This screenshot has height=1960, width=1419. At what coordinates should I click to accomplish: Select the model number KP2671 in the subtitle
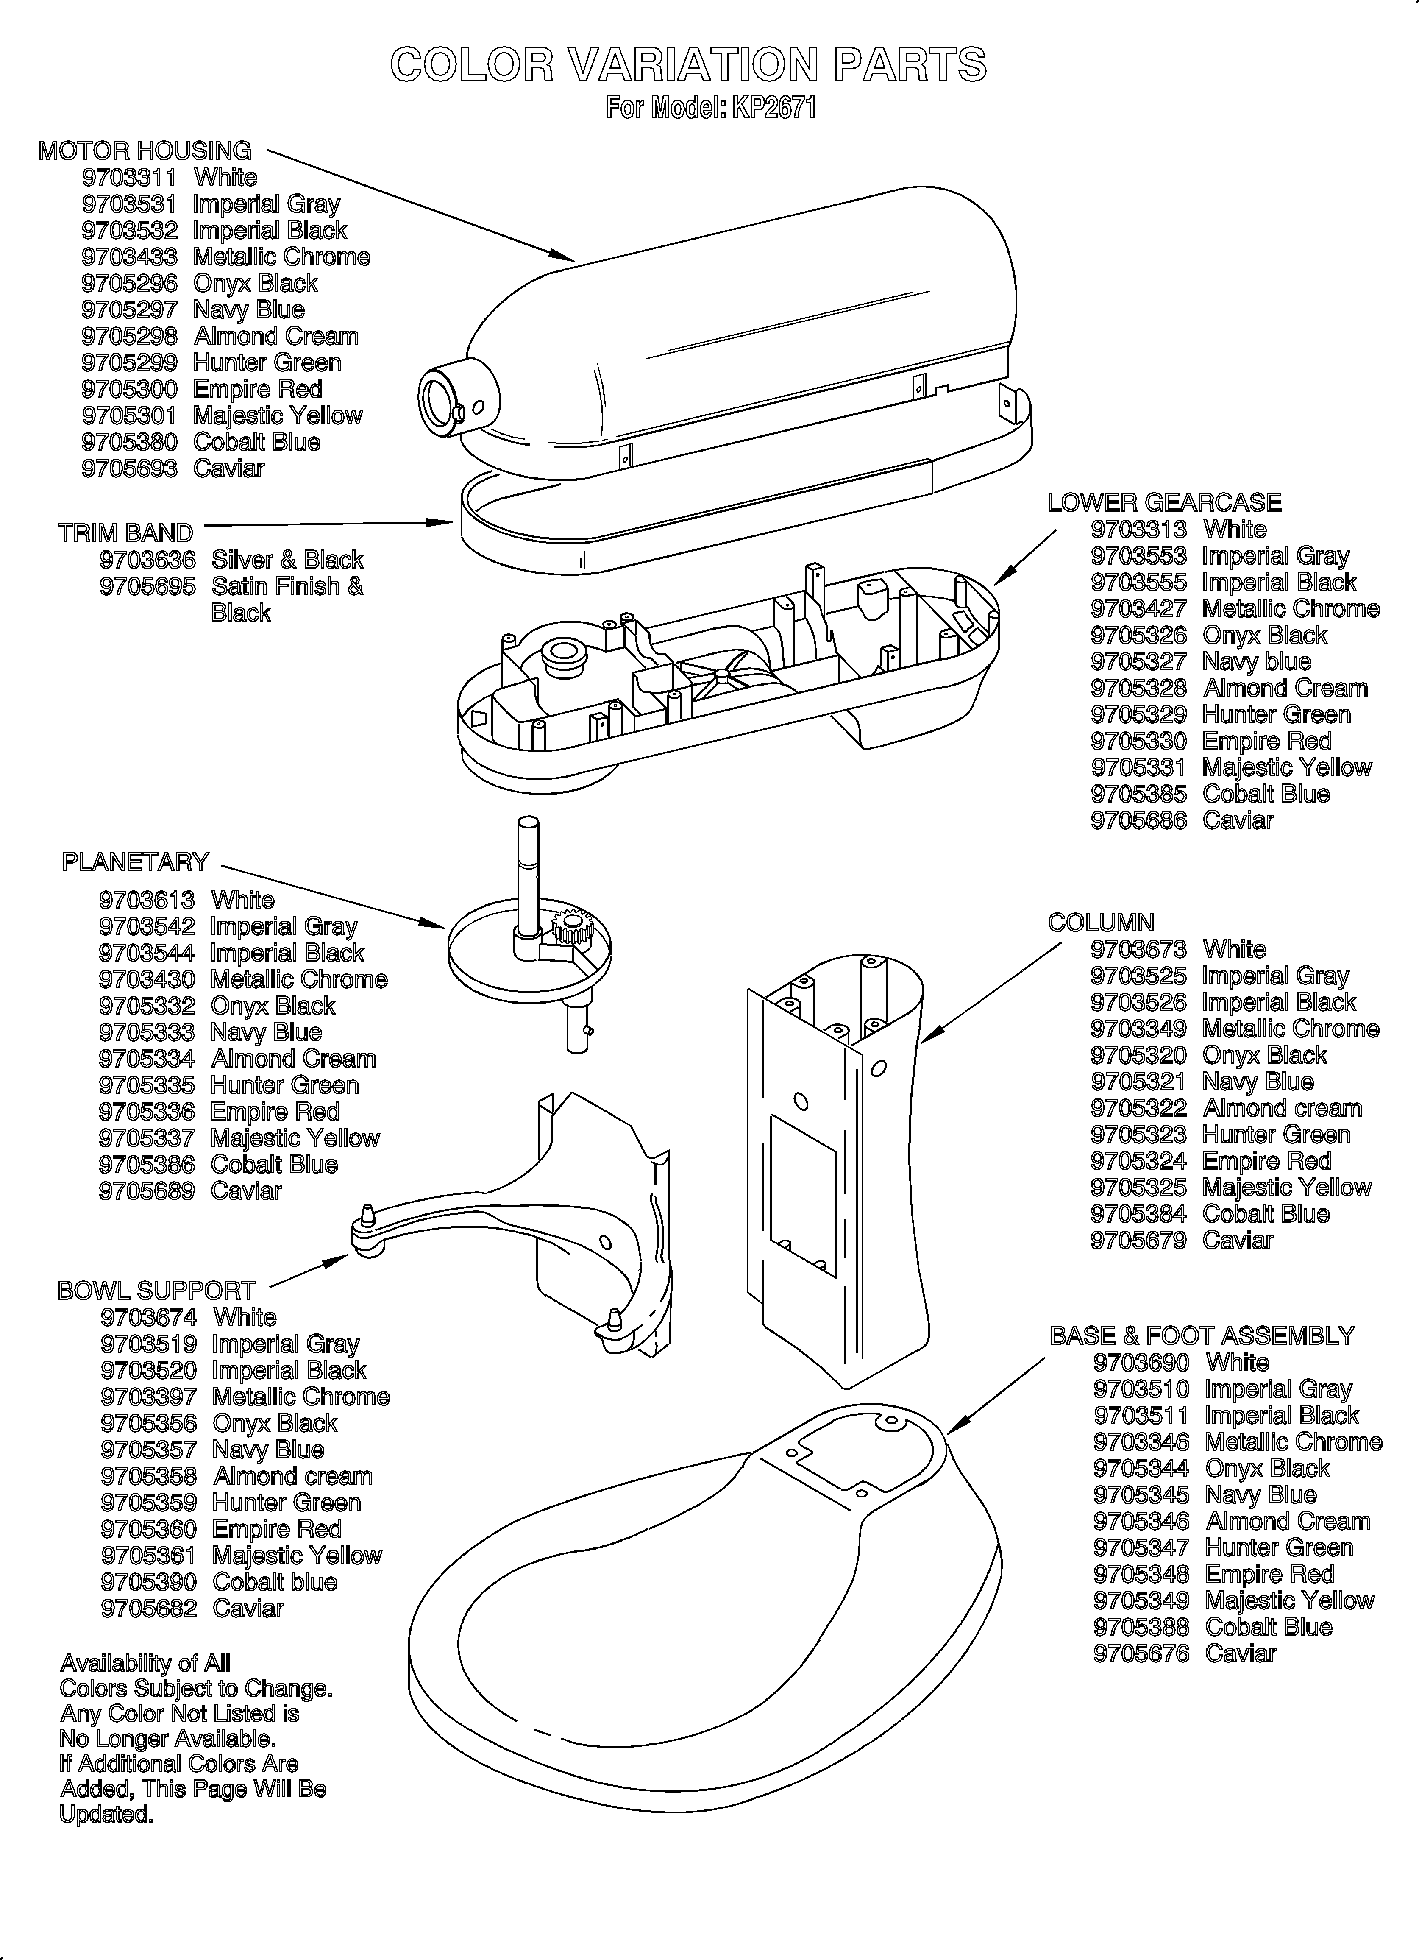(x=773, y=108)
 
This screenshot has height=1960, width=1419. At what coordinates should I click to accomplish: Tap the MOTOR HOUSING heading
(x=145, y=151)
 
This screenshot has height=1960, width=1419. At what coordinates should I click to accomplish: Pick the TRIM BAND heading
(x=125, y=533)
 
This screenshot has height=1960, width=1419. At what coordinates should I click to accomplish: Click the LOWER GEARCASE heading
(x=1164, y=503)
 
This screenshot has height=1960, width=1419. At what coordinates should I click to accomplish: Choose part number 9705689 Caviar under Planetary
(x=147, y=1191)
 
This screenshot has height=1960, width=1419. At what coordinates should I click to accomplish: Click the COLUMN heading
(x=1100, y=923)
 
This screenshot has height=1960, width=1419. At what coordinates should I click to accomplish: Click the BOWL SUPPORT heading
(x=156, y=1291)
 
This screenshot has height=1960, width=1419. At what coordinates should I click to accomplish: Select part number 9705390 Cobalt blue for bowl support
(x=149, y=1582)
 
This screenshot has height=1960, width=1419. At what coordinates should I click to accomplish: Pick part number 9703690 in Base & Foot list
(x=1141, y=1363)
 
